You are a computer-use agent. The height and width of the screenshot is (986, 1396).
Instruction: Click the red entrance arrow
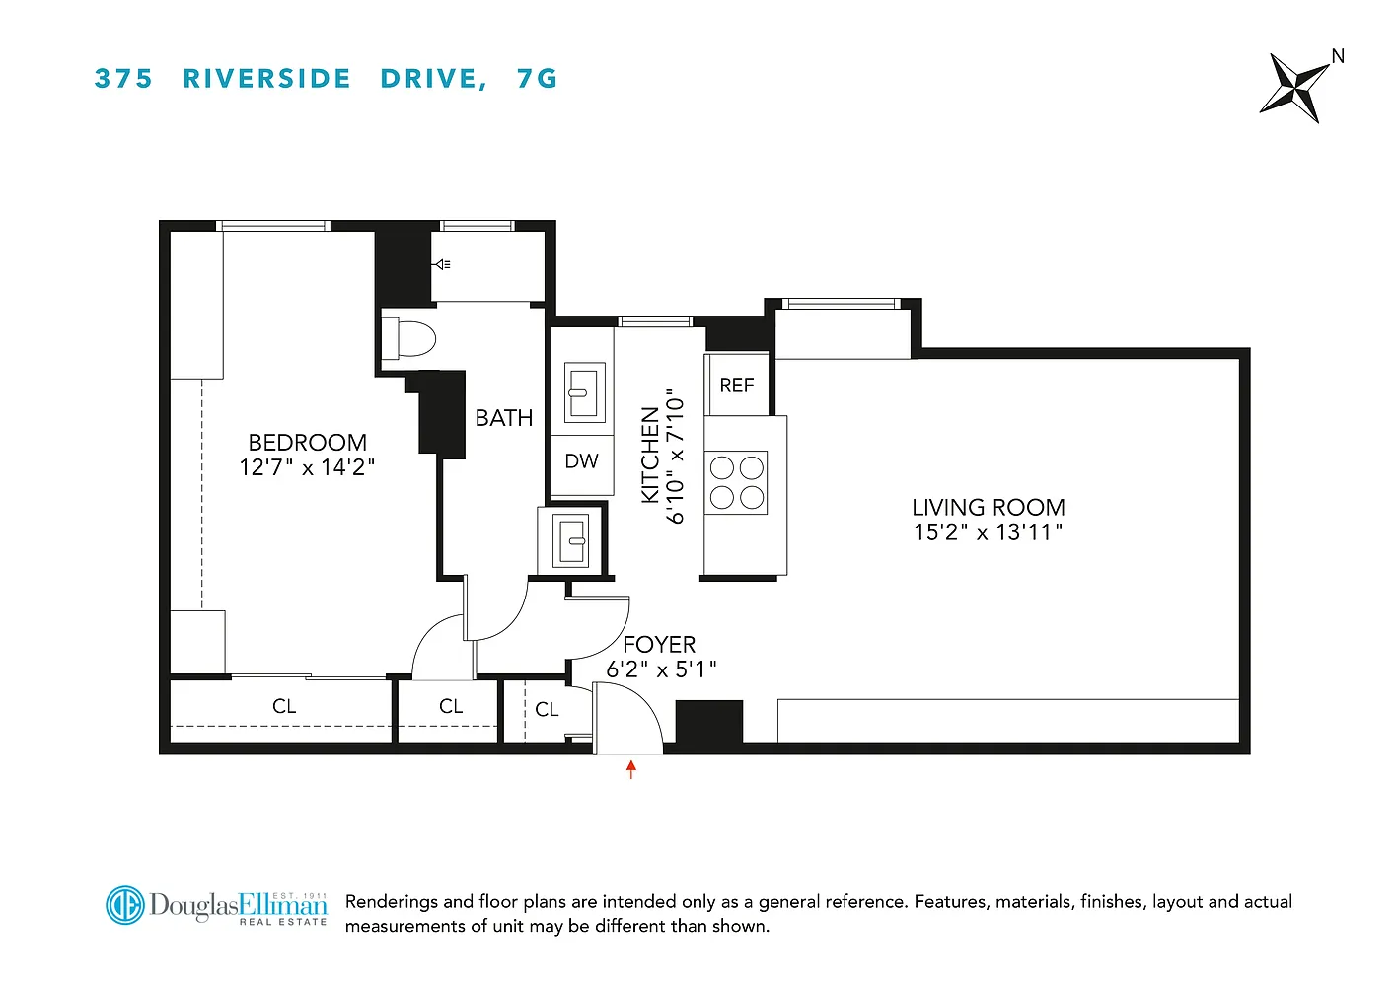pos(631,769)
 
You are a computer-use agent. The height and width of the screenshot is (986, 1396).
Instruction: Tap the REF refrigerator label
pos(737,386)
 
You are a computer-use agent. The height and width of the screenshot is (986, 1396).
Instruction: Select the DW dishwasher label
pos(581,460)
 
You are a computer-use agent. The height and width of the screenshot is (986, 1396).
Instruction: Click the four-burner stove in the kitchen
pos(736,483)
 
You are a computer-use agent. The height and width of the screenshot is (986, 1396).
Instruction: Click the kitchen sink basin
pos(585,393)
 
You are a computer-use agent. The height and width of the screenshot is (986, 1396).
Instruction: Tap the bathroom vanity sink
pos(571,540)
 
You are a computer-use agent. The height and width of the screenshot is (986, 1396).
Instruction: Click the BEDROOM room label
pos(308,443)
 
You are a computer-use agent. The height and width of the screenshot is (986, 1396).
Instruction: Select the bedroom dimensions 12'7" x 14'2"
pos(307,467)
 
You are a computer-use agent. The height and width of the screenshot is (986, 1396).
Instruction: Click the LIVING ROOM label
pos(989,508)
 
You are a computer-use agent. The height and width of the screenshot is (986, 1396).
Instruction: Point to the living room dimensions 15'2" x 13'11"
pos(988,532)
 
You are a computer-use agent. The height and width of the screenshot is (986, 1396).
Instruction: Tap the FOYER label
pos(659,644)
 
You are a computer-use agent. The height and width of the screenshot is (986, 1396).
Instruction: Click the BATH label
pos(504,418)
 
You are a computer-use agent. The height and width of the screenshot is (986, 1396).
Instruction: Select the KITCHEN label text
pos(650,456)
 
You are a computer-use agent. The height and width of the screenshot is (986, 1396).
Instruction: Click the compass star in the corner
pos(1294,89)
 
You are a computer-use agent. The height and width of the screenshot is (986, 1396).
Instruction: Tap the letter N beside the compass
pos(1338,56)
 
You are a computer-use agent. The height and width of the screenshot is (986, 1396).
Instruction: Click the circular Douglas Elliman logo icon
pos(125,905)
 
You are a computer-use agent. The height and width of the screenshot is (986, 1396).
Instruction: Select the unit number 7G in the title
pos(538,79)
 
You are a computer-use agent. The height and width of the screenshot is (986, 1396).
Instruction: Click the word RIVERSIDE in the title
pos(266,79)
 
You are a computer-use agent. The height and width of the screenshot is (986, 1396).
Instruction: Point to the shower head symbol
pos(442,264)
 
